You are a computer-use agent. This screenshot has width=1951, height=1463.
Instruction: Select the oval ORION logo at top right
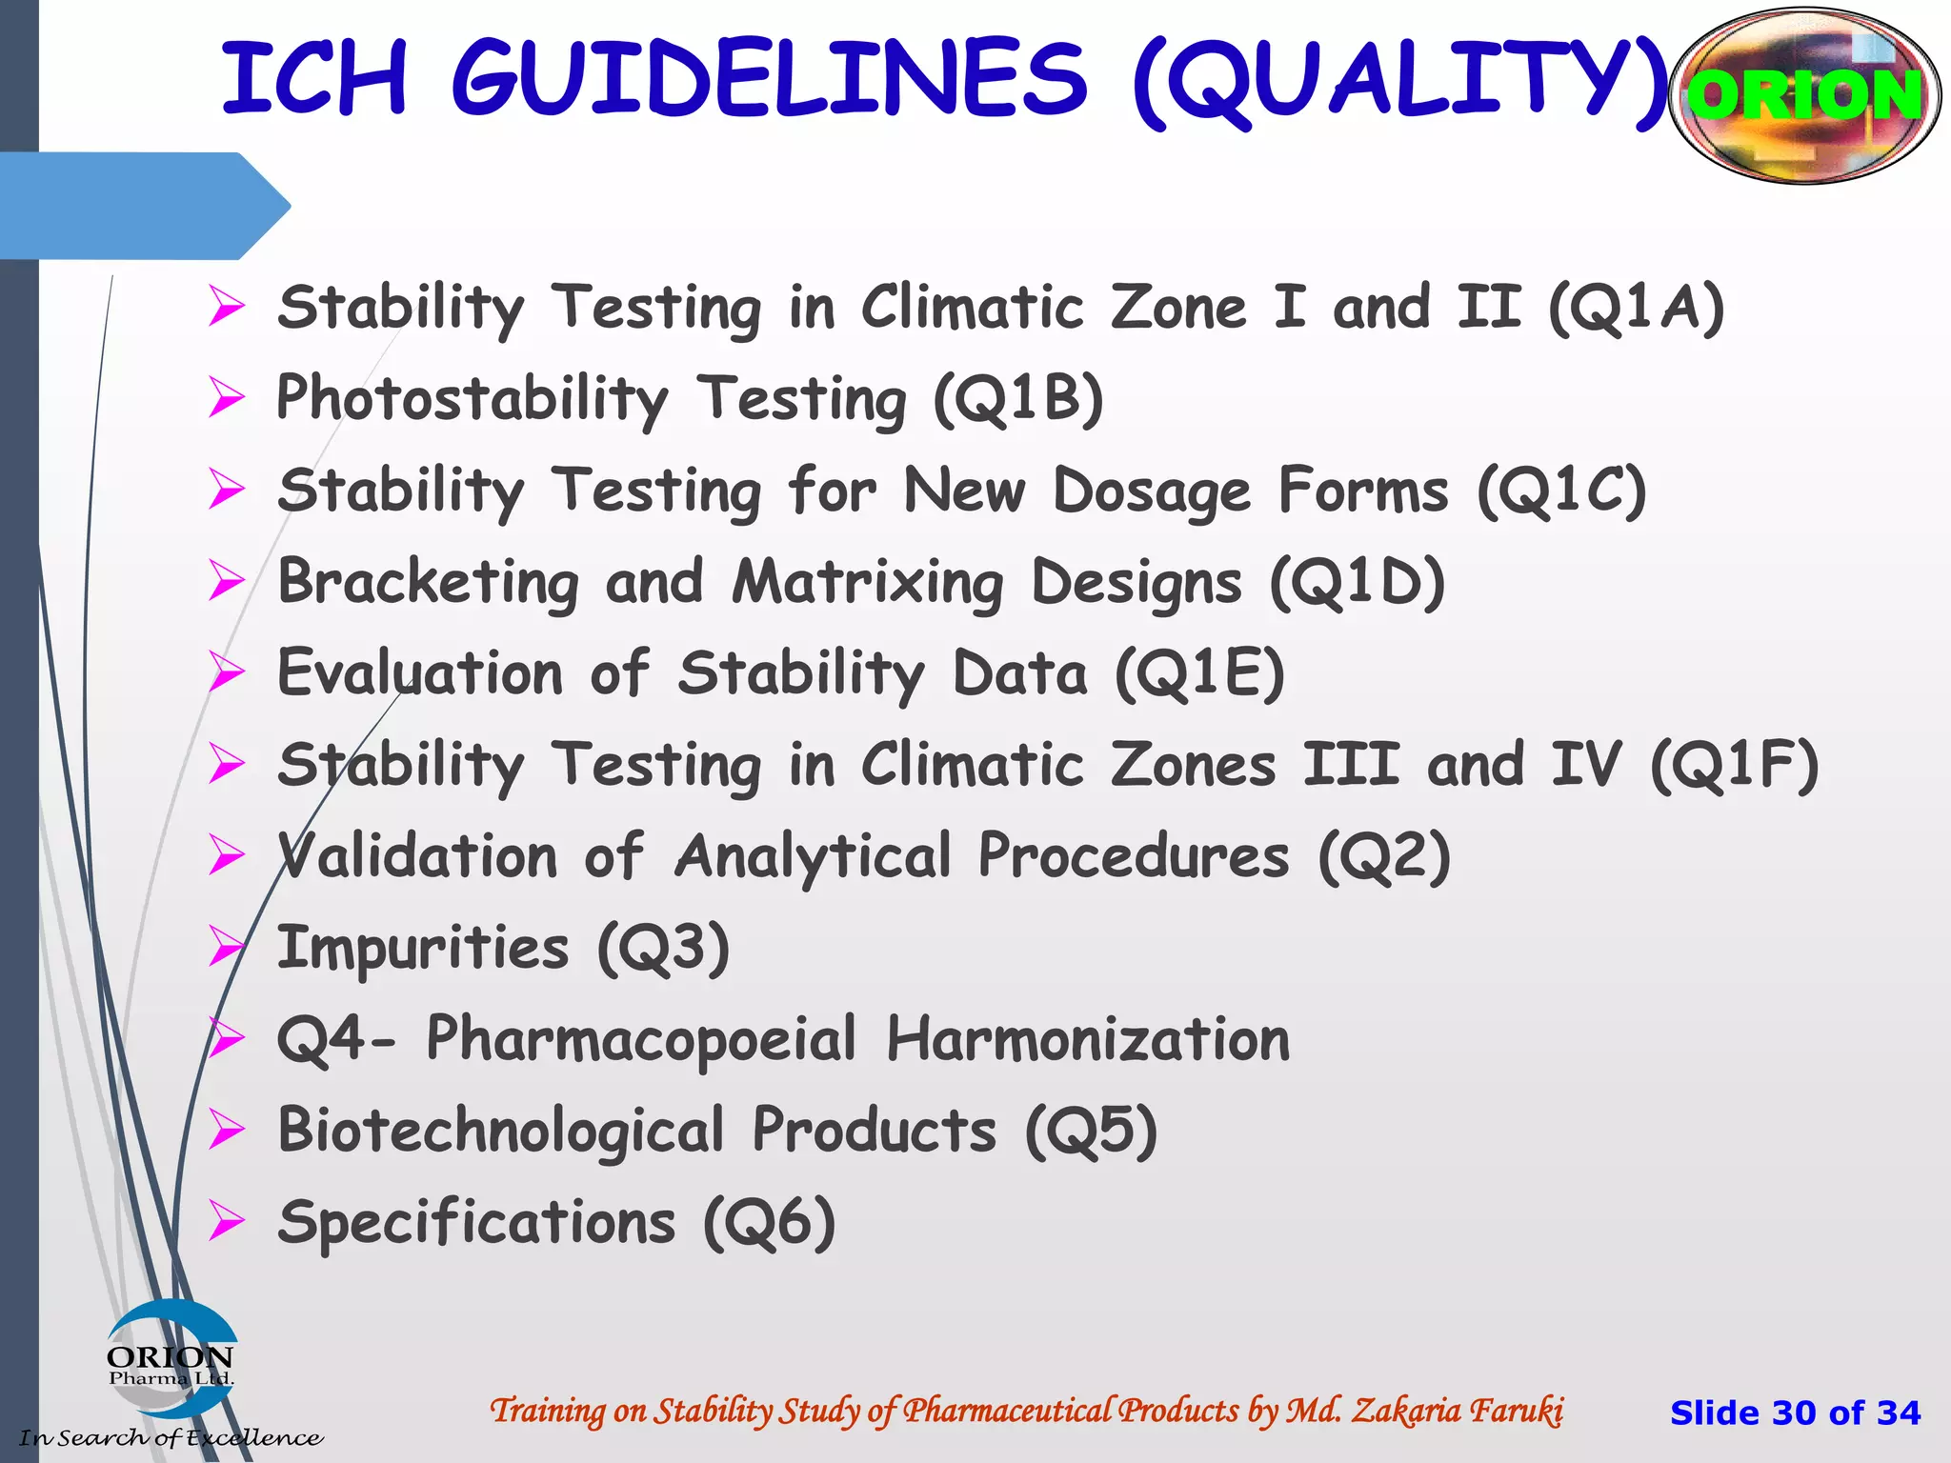[1804, 95]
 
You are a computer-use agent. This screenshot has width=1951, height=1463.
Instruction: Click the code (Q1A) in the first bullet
[1636, 308]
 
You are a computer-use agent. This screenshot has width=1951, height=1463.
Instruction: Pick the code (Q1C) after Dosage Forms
[1561, 491]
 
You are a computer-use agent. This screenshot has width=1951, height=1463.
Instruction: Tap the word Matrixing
[867, 582]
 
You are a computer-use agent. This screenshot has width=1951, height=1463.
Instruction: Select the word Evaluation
[420, 673]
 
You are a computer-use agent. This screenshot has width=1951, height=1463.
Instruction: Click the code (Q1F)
[1734, 765]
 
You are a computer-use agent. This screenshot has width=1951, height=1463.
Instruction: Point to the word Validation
[418, 855]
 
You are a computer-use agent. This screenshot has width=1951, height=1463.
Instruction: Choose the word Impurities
[423, 948]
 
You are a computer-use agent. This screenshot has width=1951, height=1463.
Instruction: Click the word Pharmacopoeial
[641, 1038]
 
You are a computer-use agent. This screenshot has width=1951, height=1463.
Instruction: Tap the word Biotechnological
[501, 1131]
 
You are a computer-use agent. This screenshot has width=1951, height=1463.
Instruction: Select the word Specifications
[476, 1222]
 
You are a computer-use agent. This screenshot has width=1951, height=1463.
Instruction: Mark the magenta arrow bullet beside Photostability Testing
[228, 398]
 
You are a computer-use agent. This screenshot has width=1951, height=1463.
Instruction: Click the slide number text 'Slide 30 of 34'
[1795, 1413]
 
